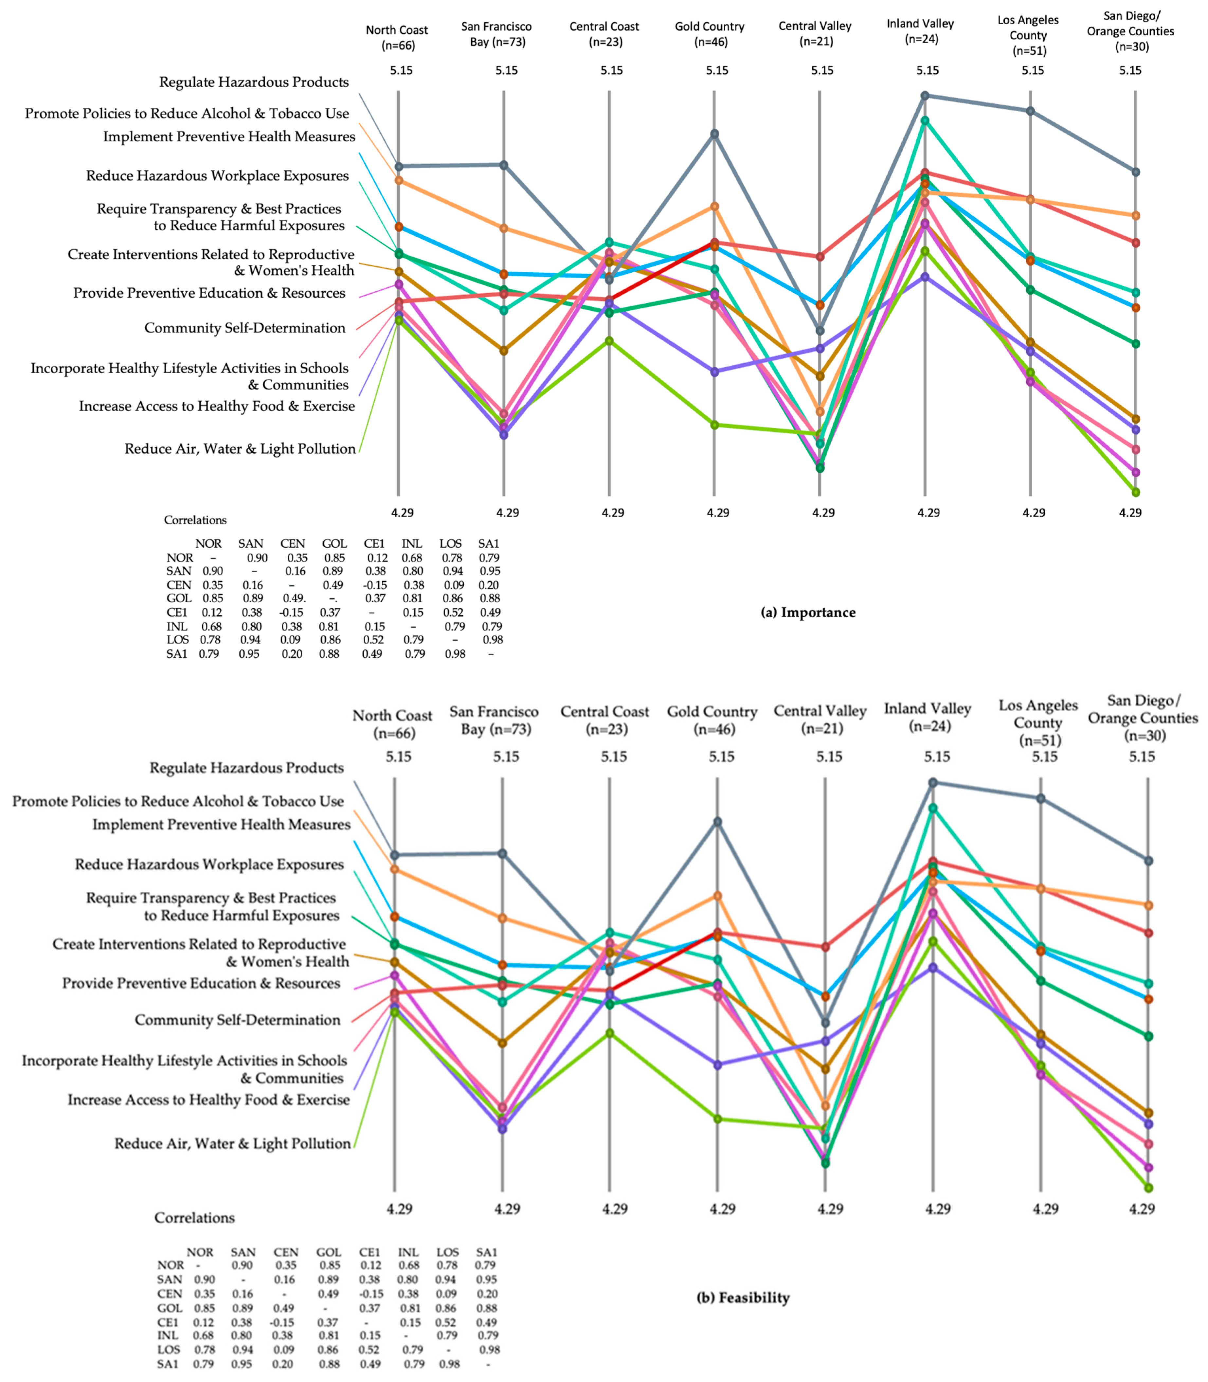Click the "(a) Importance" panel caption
(x=808, y=612)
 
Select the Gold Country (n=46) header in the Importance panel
(x=710, y=34)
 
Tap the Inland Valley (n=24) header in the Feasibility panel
(x=928, y=717)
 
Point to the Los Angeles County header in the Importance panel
(x=1028, y=35)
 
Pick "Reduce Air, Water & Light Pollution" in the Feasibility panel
(x=233, y=1143)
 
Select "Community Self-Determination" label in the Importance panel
(x=245, y=328)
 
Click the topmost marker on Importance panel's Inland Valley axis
(x=925, y=96)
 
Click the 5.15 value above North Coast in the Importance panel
(x=401, y=70)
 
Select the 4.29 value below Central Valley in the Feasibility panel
(x=831, y=1209)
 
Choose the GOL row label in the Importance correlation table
(x=179, y=598)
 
